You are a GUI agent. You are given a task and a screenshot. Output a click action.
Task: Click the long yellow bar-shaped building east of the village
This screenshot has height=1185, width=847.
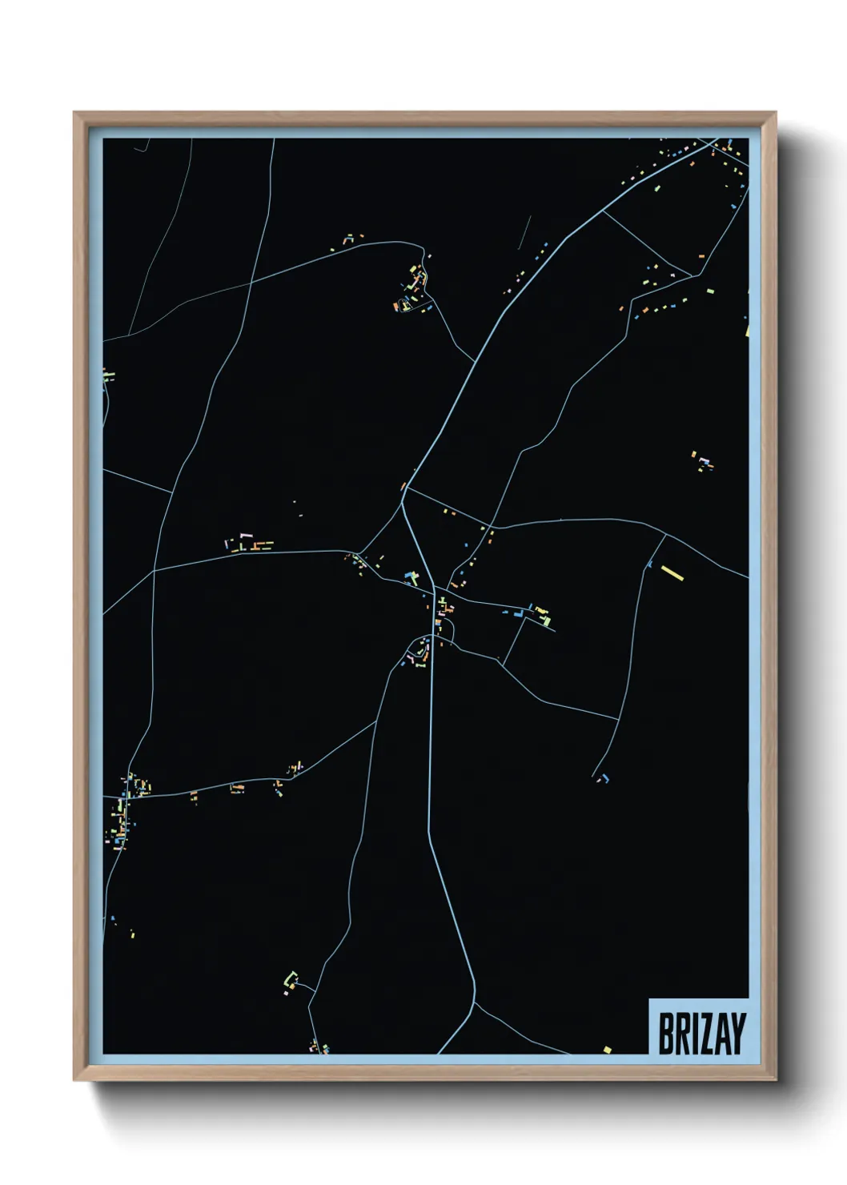tap(672, 573)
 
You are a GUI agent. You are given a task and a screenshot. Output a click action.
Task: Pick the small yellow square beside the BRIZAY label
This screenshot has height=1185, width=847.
tap(607, 1049)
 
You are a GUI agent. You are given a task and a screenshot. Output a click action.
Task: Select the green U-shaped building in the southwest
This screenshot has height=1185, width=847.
tap(291, 978)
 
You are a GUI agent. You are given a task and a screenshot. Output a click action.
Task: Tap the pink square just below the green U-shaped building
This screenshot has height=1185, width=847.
tap(286, 993)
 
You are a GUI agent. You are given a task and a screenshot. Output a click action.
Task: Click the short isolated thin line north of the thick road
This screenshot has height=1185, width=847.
tap(525, 232)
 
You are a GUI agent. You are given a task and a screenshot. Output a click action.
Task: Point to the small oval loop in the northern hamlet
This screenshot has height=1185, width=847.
tap(405, 305)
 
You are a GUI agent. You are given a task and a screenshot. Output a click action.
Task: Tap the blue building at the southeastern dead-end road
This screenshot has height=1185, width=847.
tap(606, 777)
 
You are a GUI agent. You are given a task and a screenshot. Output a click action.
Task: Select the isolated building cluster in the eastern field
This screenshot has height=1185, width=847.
tap(702, 462)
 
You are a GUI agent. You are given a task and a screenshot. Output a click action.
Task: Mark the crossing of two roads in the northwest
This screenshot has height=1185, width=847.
tap(251, 283)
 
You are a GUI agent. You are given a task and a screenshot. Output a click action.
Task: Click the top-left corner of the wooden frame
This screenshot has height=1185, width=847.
tap(74, 113)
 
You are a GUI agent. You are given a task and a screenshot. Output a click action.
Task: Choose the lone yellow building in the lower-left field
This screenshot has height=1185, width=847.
tap(131, 934)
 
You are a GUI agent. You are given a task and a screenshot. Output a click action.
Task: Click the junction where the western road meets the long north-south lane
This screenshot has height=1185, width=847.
tap(154, 571)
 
